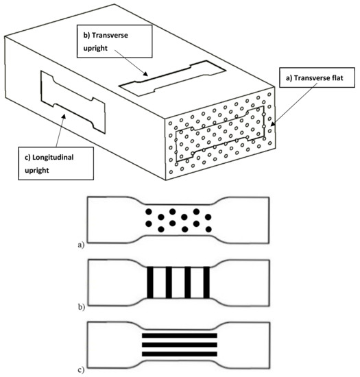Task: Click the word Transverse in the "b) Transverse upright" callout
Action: coord(110,36)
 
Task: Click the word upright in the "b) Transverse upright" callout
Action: coord(95,49)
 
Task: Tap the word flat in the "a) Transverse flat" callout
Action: coord(337,78)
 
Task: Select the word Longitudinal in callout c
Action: coord(53,158)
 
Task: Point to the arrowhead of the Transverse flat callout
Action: coord(273,123)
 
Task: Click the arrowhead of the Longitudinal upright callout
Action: coord(63,117)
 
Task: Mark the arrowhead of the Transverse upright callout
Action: coord(145,73)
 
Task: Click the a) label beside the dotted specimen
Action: coord(82,245)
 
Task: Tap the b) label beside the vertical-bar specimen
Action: coord(82,307)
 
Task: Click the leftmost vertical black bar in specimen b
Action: coord(150,282)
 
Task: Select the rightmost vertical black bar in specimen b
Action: coord(206,282)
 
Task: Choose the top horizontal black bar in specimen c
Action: coord(180,335)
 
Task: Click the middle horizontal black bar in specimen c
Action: coord(180,345)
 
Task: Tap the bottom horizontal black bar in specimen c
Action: coord(180,354)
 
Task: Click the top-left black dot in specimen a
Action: coord(149,212)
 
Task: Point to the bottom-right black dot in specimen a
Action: coord(208,229)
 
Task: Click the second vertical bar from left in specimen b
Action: coord(169,282)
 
